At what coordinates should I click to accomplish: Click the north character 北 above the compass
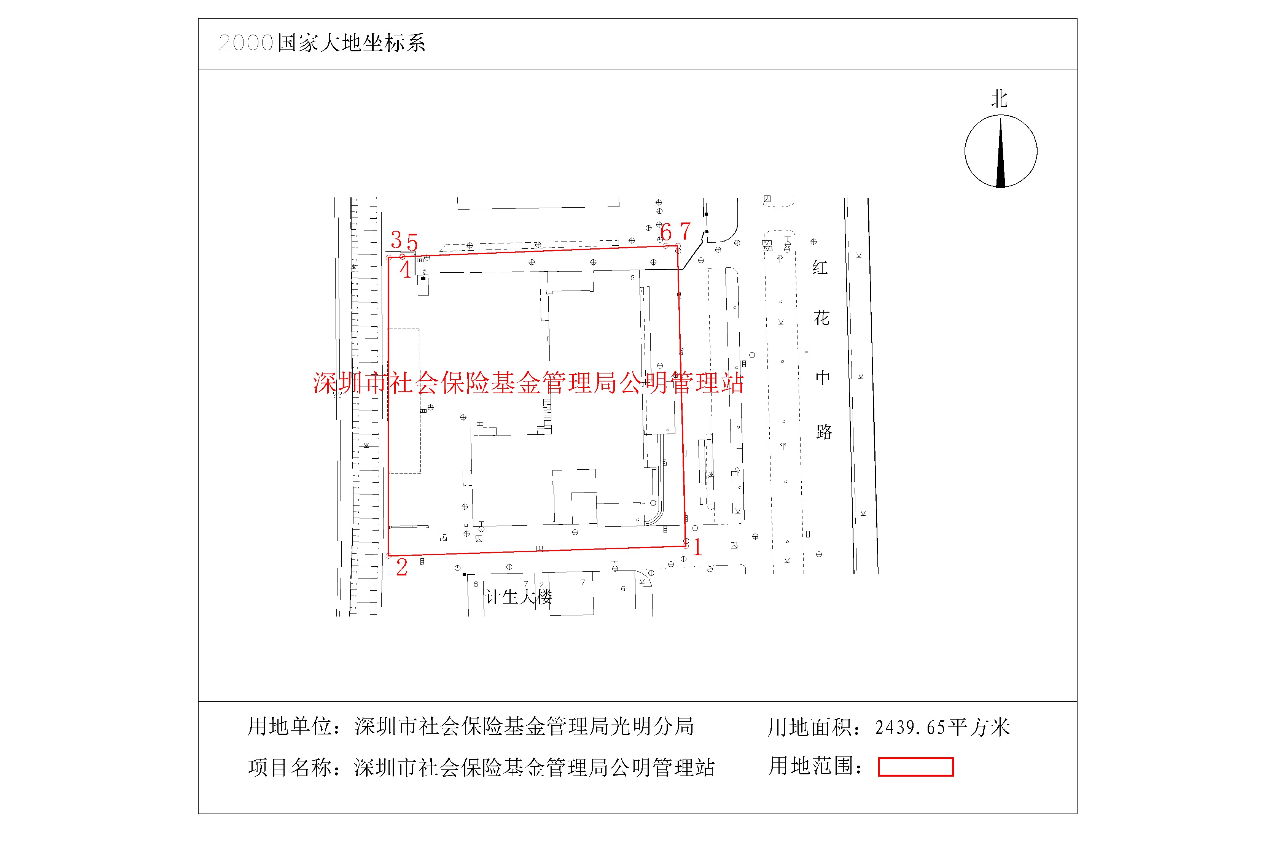coord(999,99)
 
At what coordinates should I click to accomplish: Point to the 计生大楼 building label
coord(518,597)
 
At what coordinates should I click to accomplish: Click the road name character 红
coord(820,267)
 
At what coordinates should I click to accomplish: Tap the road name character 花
coord(821,318)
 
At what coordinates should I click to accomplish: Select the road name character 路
coord(824,432)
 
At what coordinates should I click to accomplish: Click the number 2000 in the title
coord(245,43)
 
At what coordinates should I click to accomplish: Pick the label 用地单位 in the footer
coord(289,726)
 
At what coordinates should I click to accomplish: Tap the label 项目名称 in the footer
coord(289,768)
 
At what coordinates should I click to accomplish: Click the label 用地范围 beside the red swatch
coord(811,766)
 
